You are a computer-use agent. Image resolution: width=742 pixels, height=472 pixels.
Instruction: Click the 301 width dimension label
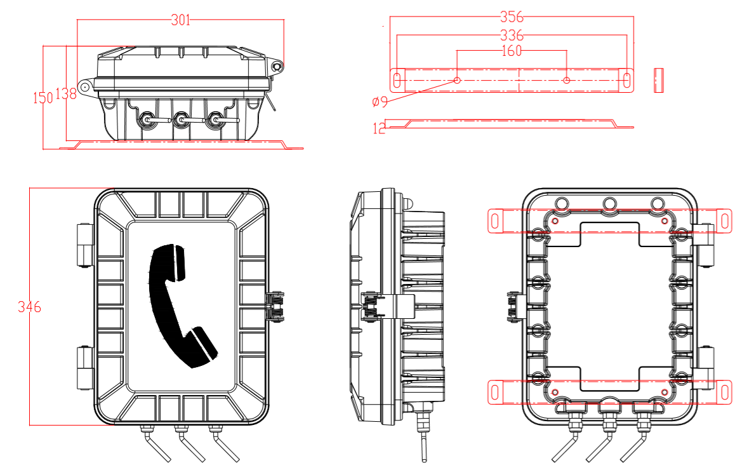(x=181, y=20)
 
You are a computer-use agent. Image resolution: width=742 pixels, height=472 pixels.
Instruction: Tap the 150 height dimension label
(x=43, y=97)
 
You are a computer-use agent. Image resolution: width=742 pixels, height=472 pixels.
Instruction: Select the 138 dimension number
(x=66, y=94)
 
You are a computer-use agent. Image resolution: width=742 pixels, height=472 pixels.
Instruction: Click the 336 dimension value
(x=512, y=35)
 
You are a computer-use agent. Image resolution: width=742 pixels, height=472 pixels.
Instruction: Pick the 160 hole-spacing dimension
(x=512, y=51)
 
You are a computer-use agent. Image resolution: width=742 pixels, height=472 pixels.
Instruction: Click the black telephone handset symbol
(x=180, y=305)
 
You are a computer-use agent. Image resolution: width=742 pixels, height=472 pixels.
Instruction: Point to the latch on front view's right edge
(x=276, y=306)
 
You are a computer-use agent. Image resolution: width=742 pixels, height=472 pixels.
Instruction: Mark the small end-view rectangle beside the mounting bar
(x=658, y=79)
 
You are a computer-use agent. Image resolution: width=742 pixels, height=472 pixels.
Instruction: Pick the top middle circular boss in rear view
(x=610, y=204)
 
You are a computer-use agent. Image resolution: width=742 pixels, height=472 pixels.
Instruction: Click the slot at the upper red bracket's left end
(x=496, y=220)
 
